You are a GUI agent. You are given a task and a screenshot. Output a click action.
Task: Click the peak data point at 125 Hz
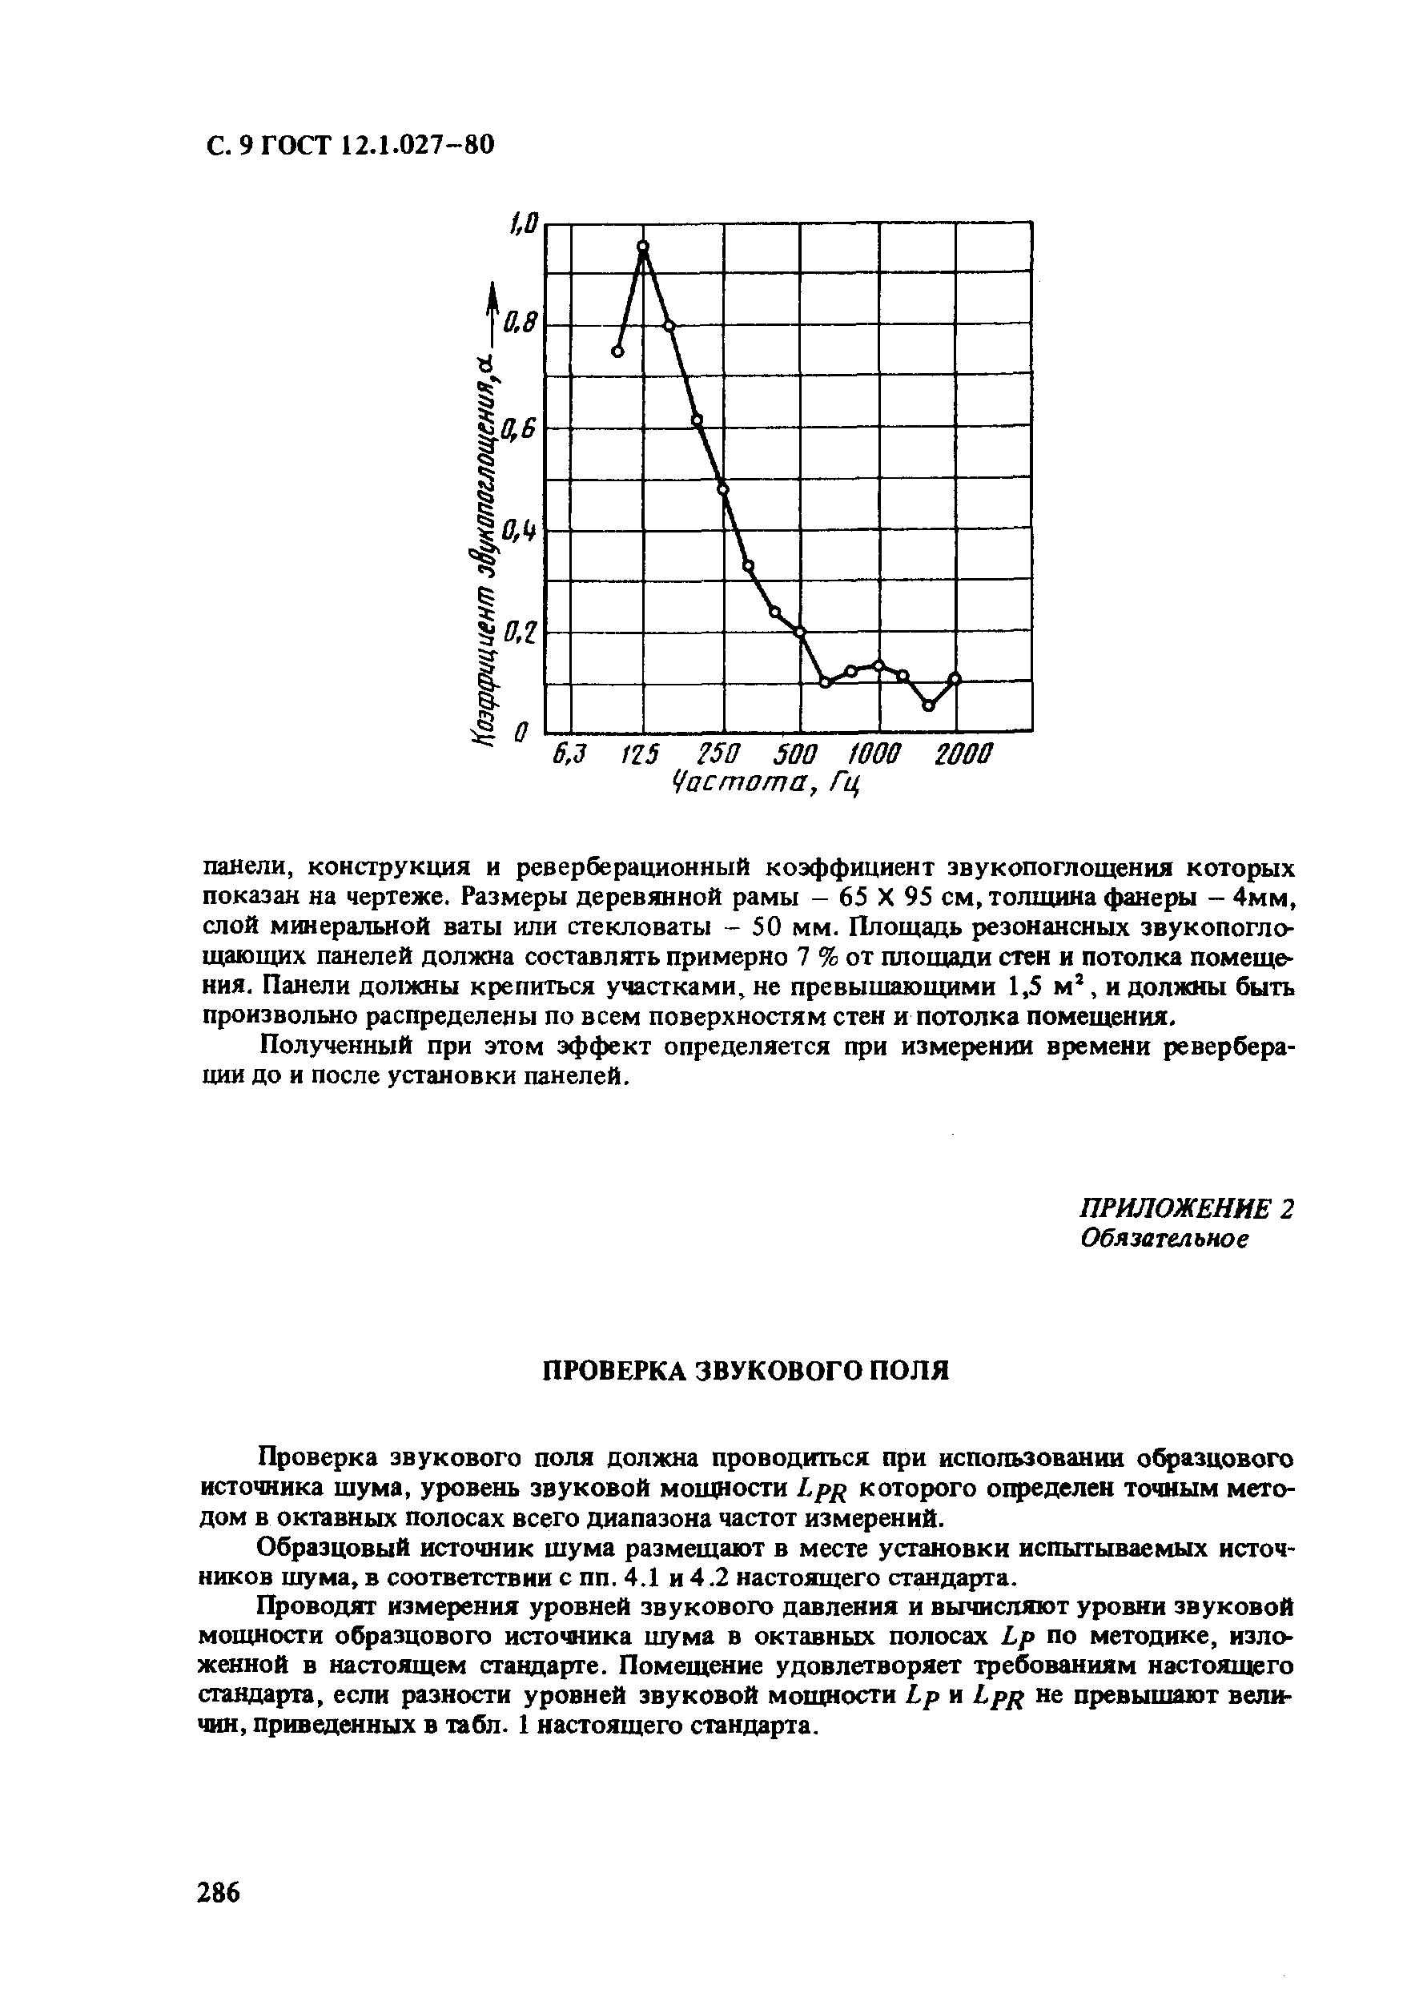643,247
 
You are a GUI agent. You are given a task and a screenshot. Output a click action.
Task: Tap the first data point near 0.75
617,352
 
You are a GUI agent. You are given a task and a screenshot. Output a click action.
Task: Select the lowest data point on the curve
928,705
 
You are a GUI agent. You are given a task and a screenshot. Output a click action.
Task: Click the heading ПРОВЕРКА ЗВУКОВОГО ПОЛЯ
746,1371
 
